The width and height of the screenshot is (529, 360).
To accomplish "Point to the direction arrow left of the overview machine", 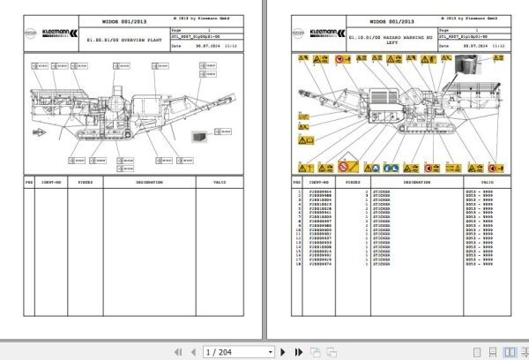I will (x=39, y=132).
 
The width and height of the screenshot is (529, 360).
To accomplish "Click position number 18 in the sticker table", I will (x=299, y=266).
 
